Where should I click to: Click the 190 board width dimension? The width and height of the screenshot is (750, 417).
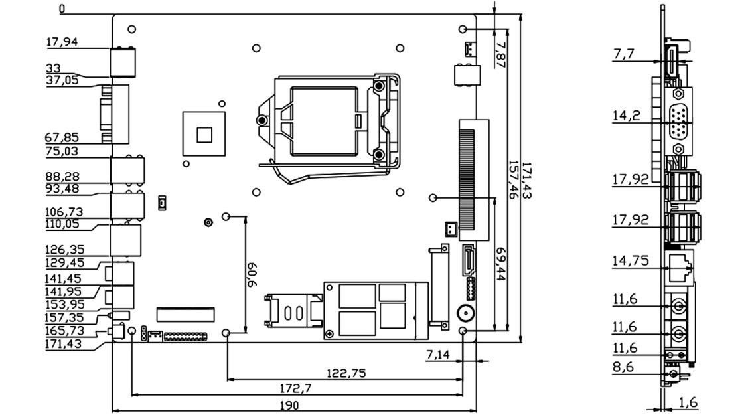point(289,405)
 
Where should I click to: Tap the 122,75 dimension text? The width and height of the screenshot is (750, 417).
point(346,373)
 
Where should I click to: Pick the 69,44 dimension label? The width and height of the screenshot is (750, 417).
point(501,264)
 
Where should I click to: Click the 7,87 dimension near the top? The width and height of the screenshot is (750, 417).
point(501,54)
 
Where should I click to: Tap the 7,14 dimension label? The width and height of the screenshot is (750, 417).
point(437,355)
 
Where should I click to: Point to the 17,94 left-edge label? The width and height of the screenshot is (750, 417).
point(62,42)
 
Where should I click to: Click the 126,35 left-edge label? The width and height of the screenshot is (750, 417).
point(64,250)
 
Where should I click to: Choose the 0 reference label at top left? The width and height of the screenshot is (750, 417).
point(62,9)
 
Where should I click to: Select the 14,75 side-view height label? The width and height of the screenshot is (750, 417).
point(630,260)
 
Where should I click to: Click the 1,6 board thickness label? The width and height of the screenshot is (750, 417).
point(688,402)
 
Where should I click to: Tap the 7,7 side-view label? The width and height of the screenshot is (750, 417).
point(623,54)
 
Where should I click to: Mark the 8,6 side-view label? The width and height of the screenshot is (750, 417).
point(623,367)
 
